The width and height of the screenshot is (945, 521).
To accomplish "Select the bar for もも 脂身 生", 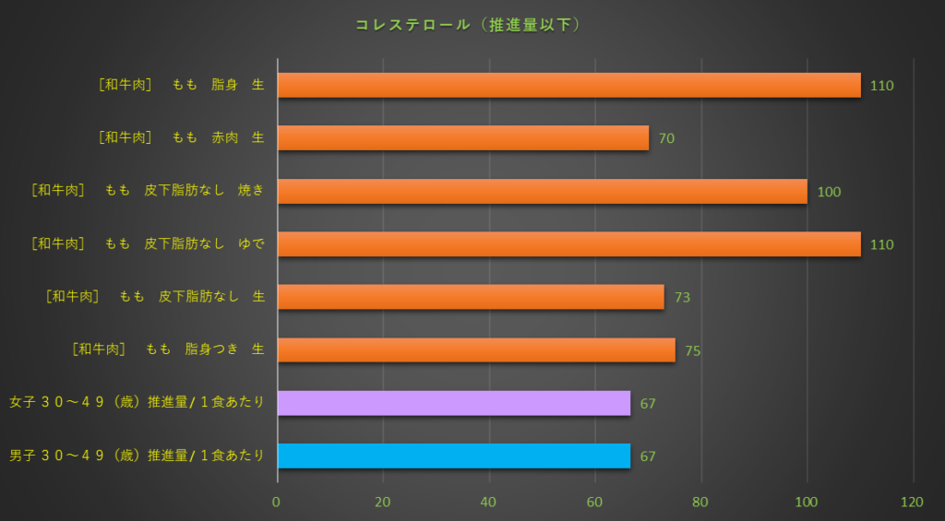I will click(568, 85).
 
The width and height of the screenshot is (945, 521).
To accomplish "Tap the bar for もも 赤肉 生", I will click(462, 138).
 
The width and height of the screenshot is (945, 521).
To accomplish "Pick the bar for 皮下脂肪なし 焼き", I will click(542, 191).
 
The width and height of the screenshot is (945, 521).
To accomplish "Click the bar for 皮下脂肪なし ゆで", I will click(568, 244).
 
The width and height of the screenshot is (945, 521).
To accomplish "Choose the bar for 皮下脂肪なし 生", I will click(471, 297).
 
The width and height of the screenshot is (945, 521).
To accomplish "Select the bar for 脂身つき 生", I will click(476, 350).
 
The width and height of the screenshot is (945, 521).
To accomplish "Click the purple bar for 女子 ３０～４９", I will click(454, 403).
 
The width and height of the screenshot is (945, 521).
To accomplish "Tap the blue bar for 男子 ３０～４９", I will click(454, 456).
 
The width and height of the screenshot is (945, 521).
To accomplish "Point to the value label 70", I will click(666, 139).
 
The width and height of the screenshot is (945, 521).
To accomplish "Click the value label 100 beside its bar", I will click(829, 192).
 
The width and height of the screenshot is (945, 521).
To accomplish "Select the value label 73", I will click(682, 298).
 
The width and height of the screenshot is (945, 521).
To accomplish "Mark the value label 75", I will click(692, 351).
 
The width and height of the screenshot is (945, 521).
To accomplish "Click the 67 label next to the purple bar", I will click(647, 404).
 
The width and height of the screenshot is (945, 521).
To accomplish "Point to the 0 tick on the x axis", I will click(277, 503).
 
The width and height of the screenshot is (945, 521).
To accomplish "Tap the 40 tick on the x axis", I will click(489, 503).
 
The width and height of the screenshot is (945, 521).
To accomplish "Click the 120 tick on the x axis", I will click(913, 503).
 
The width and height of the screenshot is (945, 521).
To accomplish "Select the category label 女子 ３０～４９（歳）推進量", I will click(137, 403).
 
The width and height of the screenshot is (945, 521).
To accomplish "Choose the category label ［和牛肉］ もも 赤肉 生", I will click(181, 137).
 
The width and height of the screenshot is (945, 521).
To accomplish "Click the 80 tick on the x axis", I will click(701, 503).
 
